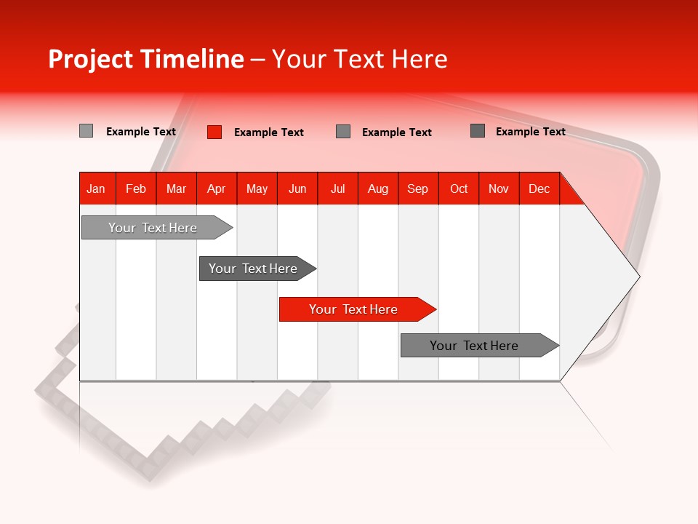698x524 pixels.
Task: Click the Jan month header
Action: (97, 188)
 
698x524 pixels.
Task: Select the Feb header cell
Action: (136, 188)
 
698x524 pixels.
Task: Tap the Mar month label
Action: (176, 188)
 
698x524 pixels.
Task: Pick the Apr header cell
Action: (217, 188)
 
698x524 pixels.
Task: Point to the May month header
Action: (257, 188)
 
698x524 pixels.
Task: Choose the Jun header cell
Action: (297, 188)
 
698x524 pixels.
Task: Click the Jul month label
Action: (337, 188)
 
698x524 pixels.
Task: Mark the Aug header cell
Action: (378, 188)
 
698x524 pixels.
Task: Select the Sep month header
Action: (418, 188)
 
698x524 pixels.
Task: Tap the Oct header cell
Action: (459, 188)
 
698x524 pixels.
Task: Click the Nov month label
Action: (499, 188)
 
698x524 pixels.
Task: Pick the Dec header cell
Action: (539, 188)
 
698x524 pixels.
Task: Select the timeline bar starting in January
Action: (153, 228)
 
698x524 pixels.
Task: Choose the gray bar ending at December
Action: (476, 346)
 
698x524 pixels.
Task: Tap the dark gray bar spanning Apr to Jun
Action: (254, 269)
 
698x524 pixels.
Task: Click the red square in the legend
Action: (214, 132)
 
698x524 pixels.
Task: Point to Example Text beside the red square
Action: (269, 132)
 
